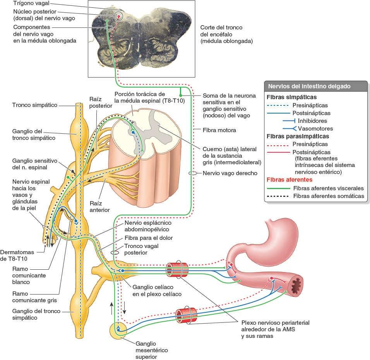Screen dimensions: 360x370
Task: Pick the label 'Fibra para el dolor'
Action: (149, 238)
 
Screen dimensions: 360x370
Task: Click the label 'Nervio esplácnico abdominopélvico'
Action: (147, 227)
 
